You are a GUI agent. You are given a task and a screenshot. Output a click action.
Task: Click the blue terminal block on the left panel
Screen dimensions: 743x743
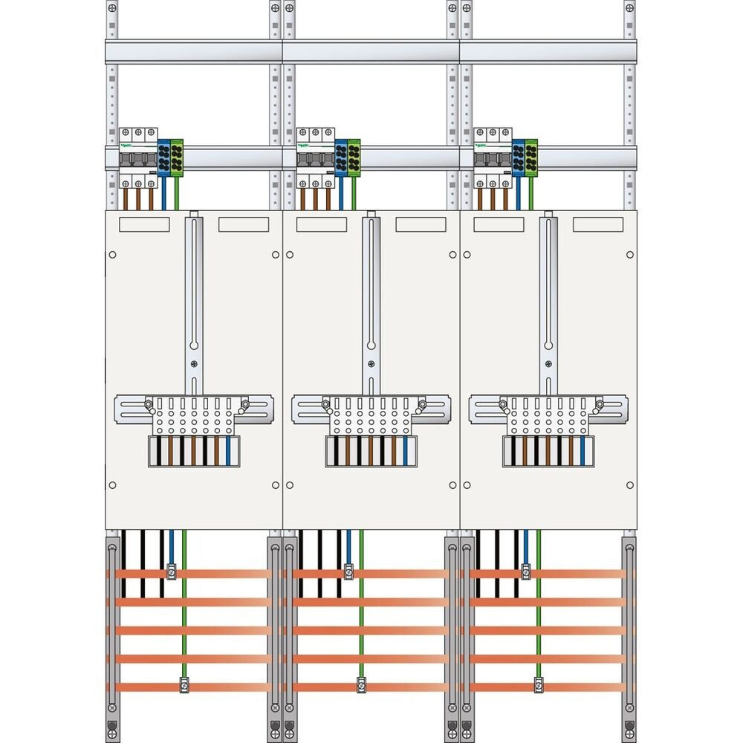164,157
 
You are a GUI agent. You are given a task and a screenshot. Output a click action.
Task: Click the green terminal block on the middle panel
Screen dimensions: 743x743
354,157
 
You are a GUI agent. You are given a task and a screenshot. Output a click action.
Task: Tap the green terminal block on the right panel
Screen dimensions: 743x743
531,157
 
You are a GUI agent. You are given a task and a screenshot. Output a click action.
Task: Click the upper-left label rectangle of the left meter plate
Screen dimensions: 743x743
144,224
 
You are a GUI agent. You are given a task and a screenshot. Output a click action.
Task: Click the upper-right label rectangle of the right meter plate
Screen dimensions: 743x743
597,224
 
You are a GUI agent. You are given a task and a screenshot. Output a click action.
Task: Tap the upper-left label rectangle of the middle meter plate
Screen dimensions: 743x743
321,224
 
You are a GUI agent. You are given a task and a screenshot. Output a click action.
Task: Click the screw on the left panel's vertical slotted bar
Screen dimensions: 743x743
194,363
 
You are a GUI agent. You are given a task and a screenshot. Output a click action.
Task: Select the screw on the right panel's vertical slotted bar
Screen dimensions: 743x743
548,363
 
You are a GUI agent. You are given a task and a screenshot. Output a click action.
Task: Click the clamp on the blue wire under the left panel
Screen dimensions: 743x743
171,572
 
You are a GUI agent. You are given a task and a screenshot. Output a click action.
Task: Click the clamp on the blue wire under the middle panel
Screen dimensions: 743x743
348,572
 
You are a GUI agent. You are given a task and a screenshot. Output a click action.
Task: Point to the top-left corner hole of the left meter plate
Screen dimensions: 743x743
112,255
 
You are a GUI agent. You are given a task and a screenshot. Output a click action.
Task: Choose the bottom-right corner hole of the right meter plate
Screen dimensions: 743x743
630,485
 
